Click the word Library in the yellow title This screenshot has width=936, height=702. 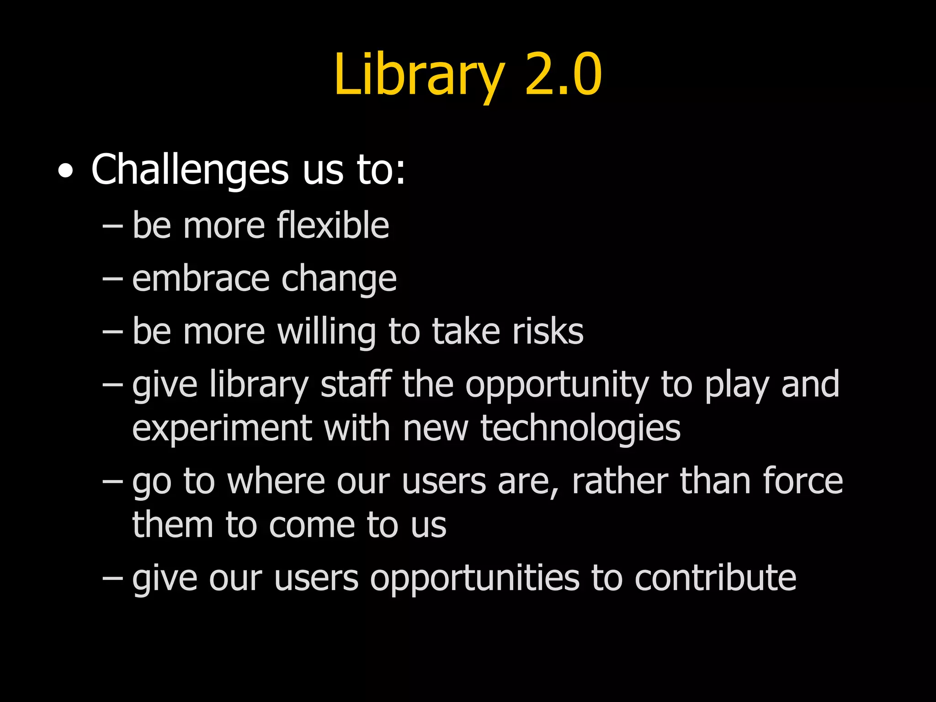pyautogui.click(x=419, y=75)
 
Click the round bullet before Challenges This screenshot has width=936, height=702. pyautogui.click(x=65, y=171)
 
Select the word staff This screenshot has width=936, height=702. pyautogui.click(x=356, y=384)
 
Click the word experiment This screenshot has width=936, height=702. pyautogui.click(x=222, y=429)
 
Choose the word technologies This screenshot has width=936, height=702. pyautogui.click(x=580, y=429)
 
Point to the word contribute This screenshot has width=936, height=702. pyautogui.click(x=715, y=578)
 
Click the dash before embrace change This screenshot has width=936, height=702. pyautogui.click(x=112, y=279)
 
